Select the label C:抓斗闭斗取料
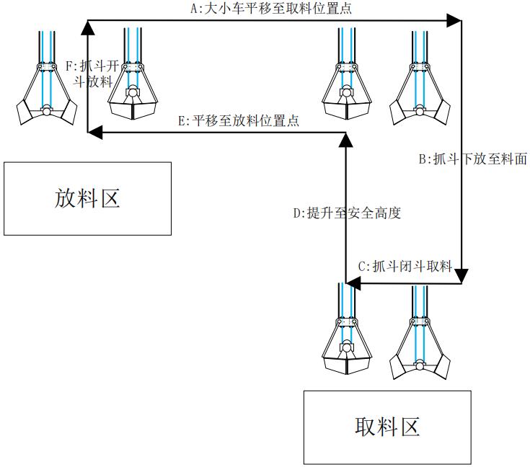405,267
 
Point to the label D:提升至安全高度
347,213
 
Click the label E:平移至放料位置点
238,121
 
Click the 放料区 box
87,198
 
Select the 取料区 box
387,427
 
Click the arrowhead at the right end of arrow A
455,20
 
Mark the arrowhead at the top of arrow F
87,27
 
